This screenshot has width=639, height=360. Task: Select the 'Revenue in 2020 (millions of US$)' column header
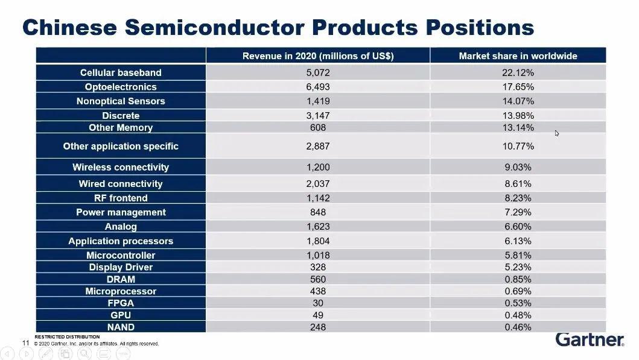click(x=318, y=56)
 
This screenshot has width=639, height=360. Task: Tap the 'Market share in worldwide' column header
click(x=518, y=56)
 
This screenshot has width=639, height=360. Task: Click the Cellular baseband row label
click(x=121, y=72)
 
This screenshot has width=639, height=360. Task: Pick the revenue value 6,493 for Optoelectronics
click(x=318, y=87)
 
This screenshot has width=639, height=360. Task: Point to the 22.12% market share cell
click(x=518, y=72)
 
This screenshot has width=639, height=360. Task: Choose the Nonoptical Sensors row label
click(x=121, y=101)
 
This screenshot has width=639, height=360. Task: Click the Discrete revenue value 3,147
click(x=318, y=115)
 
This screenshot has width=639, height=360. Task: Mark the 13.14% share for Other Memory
click(x=518, y=127)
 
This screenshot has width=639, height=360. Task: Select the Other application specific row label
click(x=121, y=146)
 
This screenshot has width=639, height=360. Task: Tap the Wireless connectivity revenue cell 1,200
click(x=318, y=167)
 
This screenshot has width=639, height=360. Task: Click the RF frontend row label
click(x=121, y=198)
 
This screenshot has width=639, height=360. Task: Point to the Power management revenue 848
click(x=318, y=212)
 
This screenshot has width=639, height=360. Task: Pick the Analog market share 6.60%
click(x=518, y=227)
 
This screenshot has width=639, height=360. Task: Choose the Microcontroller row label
click(x=121, y=255)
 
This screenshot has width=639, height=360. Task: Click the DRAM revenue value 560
click(x=318, y=279)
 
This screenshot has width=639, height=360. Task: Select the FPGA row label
click(x=121, y=303)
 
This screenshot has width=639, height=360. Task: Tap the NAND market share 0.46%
click(x=518, y=327)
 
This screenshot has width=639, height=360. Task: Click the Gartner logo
click(x=590, y=340)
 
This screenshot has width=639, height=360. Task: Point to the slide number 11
click(x=26, y=343)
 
